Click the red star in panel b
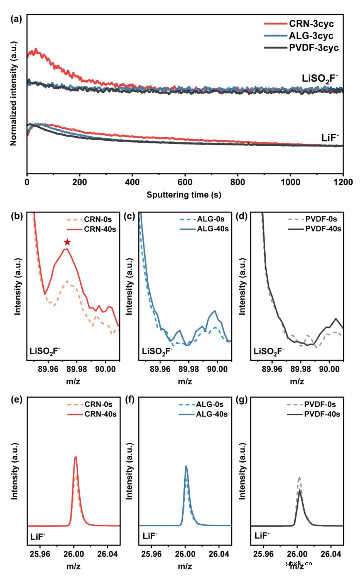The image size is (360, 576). (x=67, y=242)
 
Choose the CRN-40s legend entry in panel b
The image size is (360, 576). (x=100, y=229)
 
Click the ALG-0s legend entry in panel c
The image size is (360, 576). (x=211, y=219)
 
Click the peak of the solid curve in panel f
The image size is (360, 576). (x=186, y=466)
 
